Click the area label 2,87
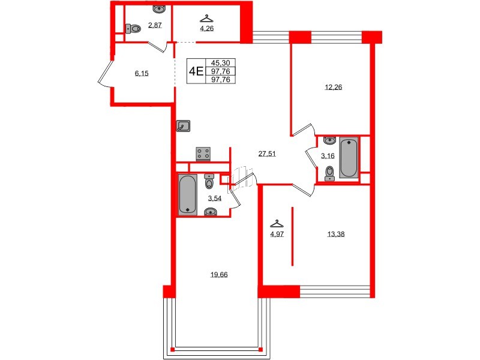coord(155,25)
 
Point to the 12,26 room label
coord(333,87)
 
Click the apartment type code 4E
coord(196,71)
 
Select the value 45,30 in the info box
coord(221,62)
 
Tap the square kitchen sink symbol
coord(184,125)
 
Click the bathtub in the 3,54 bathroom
coord(187,194)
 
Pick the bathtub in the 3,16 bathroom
coord(349,158)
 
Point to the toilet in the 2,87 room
coord(133,28)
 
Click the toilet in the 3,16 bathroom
coord(329,173)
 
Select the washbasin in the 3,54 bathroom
coord(211,211)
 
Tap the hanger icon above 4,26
coord(207,18)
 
